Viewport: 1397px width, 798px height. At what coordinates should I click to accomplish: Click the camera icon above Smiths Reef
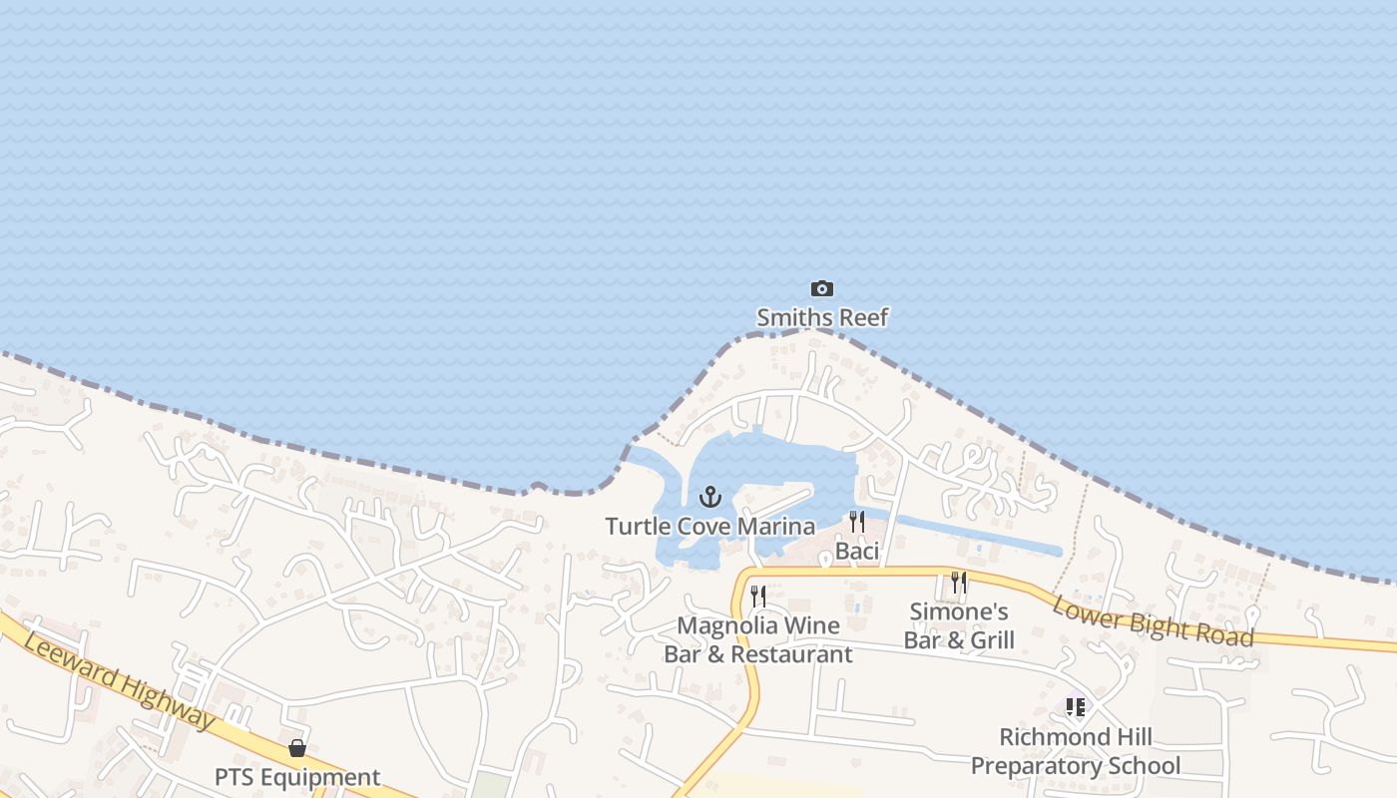pos(821,289)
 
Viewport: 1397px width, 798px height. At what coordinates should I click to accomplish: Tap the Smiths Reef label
pos(821,318)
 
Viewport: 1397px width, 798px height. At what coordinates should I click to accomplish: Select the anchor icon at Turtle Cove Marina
pos(709,497)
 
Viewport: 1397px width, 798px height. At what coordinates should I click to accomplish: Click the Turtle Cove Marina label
pos(709,527)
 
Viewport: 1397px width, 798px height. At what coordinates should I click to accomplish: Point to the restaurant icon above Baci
pos(856,522)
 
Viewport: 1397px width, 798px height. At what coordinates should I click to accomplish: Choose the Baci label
pos(856,551)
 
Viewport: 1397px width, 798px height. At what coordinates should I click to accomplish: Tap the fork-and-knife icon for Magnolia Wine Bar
pos(758,597)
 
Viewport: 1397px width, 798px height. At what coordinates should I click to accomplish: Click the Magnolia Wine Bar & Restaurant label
pos(758,639)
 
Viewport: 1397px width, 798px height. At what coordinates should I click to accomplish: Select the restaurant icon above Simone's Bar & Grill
pos(959,583)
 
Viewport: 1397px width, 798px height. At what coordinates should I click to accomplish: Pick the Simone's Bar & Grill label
pos(959,625)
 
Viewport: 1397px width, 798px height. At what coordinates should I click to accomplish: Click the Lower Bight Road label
pos(1154,616)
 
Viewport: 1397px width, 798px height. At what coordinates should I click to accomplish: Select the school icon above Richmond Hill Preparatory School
pos(1075,707)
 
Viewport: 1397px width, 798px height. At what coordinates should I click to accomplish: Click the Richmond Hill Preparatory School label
pos(1075,751)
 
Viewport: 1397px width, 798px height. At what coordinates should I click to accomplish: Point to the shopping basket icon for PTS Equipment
pos(297,748)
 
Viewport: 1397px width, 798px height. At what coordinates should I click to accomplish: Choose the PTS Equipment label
pos(297,777)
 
